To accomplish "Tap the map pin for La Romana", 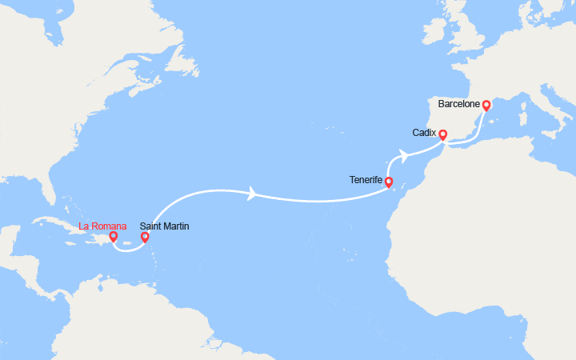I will (114, 236).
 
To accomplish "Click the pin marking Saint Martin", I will (145, 236).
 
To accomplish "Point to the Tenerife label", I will (366, 180).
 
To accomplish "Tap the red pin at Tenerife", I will (389, 182).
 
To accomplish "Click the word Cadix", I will (425, 132).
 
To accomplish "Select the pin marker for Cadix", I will (442, 134).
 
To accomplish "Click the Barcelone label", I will (459, 104).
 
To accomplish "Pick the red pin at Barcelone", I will (486, 105).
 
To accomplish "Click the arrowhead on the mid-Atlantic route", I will (254, 194).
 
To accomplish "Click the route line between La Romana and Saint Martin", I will (128, 249).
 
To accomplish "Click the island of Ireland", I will (435, 31).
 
